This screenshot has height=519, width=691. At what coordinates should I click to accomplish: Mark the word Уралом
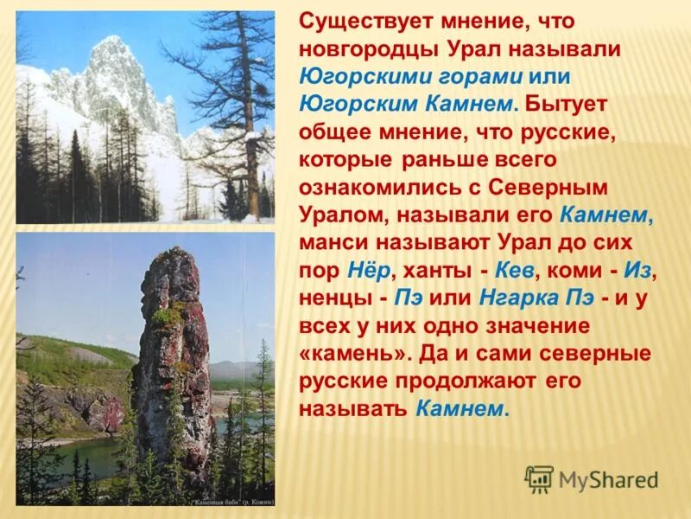point(337,215)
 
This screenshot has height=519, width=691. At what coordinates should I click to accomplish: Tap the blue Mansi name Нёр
point(369,270)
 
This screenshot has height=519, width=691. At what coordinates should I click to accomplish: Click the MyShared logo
point(593,478)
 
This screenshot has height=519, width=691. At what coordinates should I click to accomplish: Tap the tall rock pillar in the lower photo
point(170,363)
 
